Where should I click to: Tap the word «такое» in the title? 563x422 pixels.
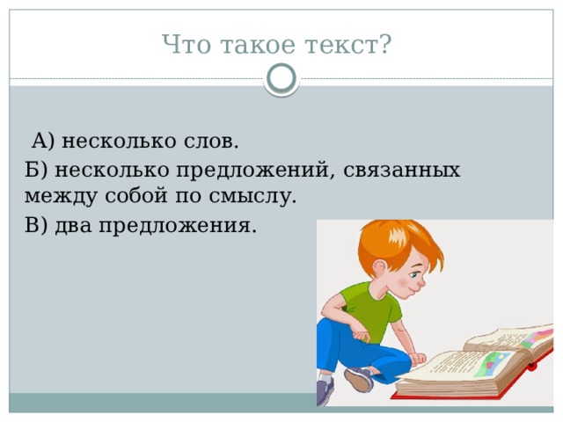[x=259, y=43]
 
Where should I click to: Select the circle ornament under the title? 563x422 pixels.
[x=281, y=80]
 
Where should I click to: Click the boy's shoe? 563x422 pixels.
[x=359, y=379]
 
